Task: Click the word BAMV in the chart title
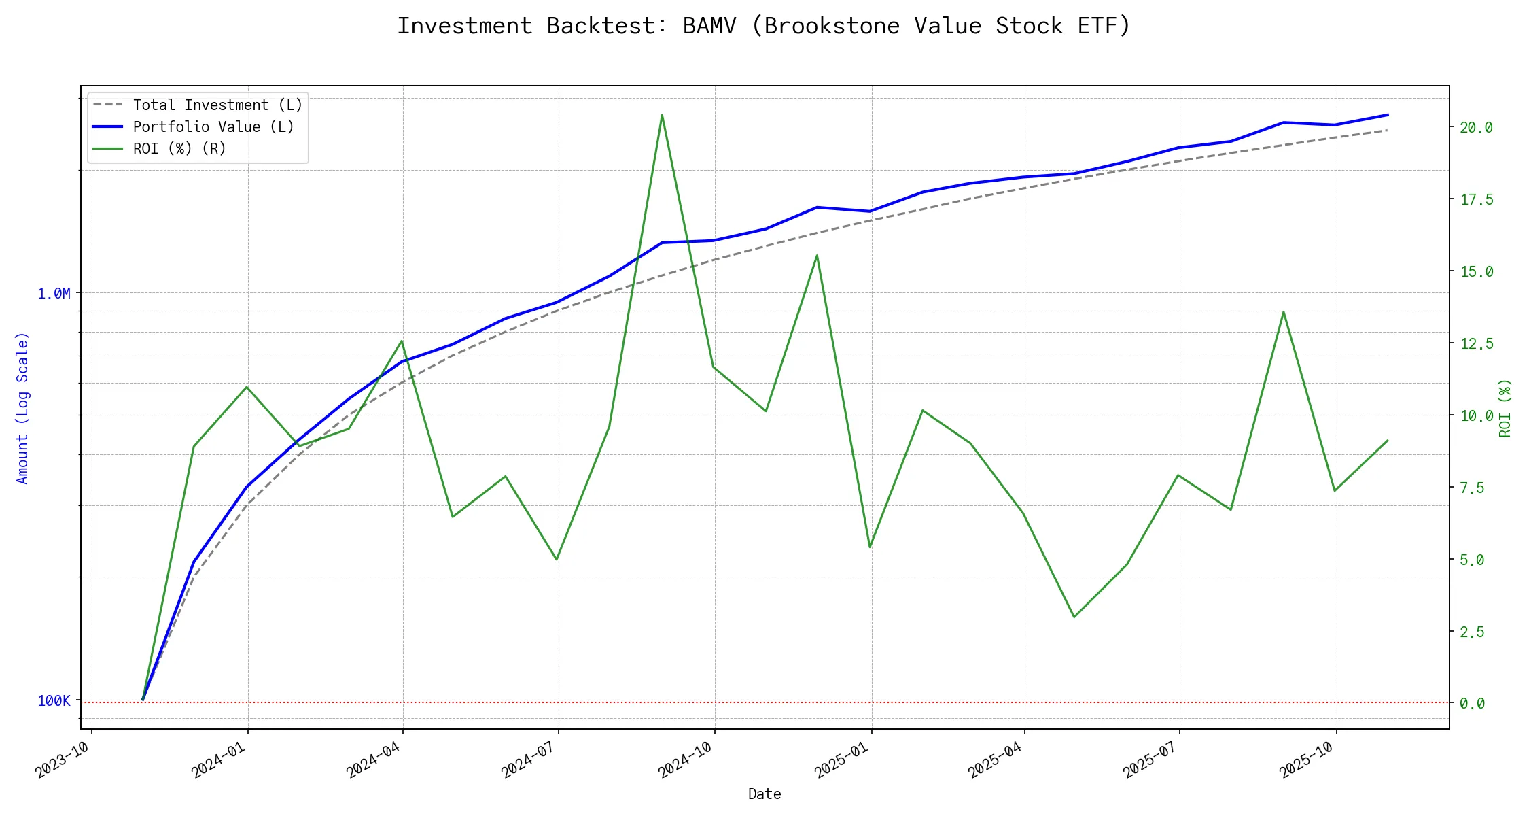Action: pyautogui.click(x=709, y=26)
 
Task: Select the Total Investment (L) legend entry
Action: pyautogui.click(x=217, y=105)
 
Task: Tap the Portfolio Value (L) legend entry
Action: pyautogui.click(x=213, y=127)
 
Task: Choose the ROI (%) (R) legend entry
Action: pyautogui.click(x=179, y=149)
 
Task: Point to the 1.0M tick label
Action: pyautogui.click(x=54, y=294)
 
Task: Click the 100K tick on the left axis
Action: pyautogui.click(x=54, y=701)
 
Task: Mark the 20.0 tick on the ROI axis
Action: pyautogui.click(x=1476, y=128)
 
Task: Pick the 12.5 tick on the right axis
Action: pyautogui.click(x=1476, y=344)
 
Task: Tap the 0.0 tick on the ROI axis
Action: pyautogui.click(x=1472, y=704)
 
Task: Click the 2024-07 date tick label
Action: pyautogui.click(x=527, y=760)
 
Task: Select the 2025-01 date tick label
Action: pyautogui.click(x=841, y=760)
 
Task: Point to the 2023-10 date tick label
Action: pyautogui.click(x=62, y=760)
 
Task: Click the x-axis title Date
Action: pyautogui.click(x=764, y=794)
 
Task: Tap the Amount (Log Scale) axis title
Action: pyautogui.click(x=22, y=408)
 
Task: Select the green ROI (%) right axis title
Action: pyautogui.click(x=1505, y=408)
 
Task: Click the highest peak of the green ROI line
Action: pyautogui.click(x=662, y=115)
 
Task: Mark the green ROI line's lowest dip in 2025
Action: pyautogui.click(x=1074, y=617)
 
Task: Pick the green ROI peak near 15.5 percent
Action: pyautogui.click(x=817, y=256)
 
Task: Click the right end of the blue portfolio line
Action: pyautogui.click(x=1388, y=115)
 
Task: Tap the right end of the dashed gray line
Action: pyautogui.click(x=1388, y=130)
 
